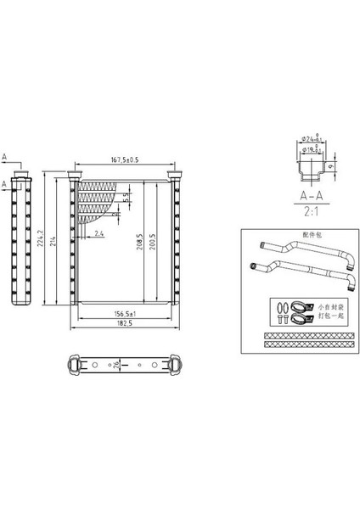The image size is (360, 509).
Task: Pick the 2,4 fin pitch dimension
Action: pos(99,233)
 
